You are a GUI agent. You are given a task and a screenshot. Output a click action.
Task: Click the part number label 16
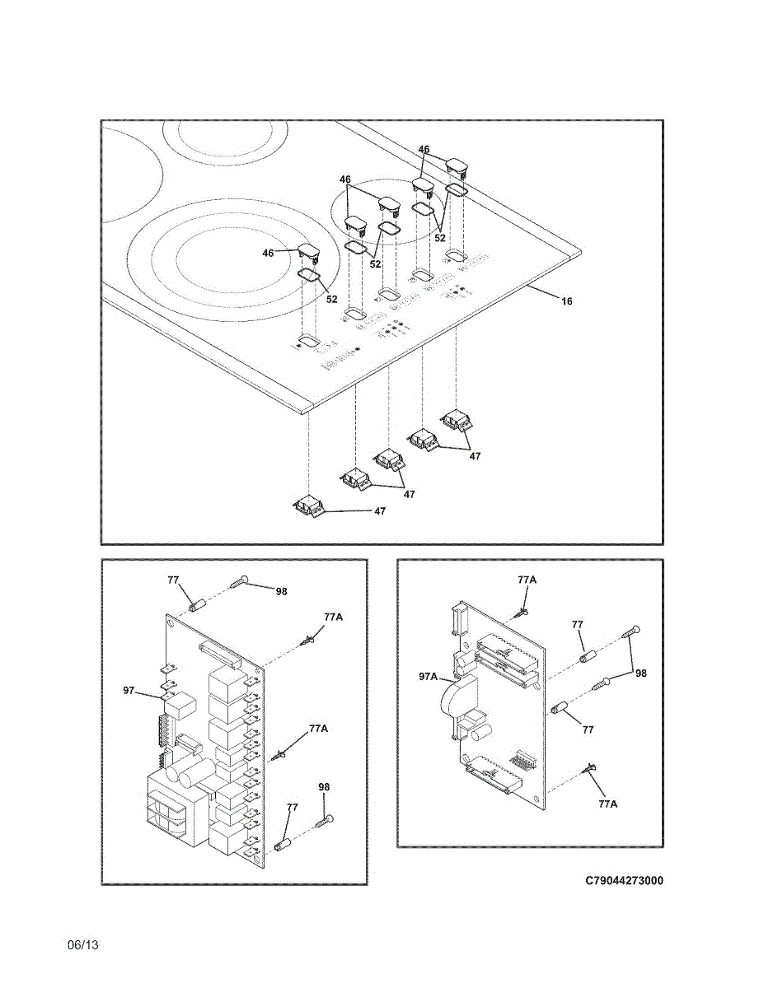click(567, 301)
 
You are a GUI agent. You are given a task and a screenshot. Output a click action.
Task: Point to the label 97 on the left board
click(129, 689)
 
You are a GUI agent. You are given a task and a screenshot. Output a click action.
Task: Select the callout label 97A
click(428, 676)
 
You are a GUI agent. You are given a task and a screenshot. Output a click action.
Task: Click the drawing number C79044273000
click(624, 880)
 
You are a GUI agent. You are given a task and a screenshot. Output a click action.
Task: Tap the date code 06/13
click(83, 945)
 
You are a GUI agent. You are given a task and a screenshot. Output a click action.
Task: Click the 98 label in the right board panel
click(640, 673)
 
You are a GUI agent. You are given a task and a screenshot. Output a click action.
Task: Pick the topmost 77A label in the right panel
click(527, 580)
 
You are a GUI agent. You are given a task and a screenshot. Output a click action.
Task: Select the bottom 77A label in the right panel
click(607, 804)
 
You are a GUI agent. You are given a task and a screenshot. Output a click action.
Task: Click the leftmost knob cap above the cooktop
click(309, 251)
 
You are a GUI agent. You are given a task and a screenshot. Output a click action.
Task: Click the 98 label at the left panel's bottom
click(324, 787)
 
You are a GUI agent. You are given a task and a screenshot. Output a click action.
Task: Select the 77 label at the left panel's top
click(173, 580)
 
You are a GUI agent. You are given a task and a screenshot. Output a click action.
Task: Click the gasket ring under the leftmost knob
click(308, 274)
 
